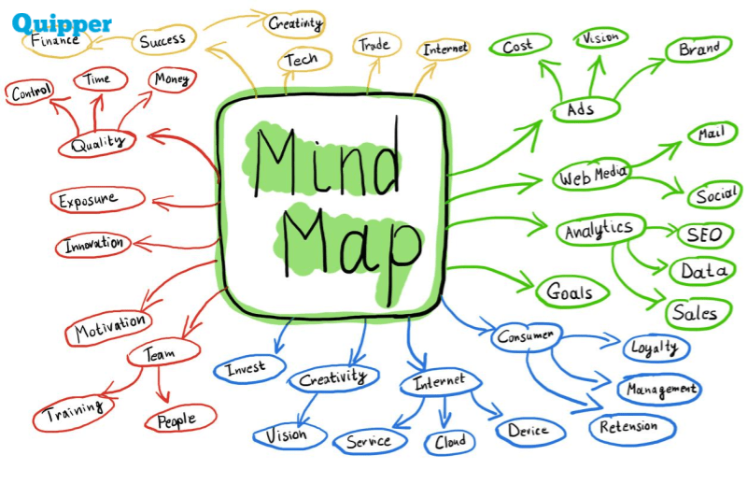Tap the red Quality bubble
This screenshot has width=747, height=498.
click(x=97, y=143)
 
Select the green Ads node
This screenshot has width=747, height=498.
click(x=580, y=109)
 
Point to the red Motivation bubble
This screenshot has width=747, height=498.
click(x=109, y=327)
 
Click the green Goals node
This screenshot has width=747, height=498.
click(x=570, y=292)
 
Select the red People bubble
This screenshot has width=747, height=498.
click(x=177, y=420)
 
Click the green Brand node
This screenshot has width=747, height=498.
click(x=698, y=50)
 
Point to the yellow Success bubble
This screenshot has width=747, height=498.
click(x=163, y=41)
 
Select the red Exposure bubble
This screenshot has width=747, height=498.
click(x=99, y=200)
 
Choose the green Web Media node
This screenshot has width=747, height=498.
click(x=594, y=175)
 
